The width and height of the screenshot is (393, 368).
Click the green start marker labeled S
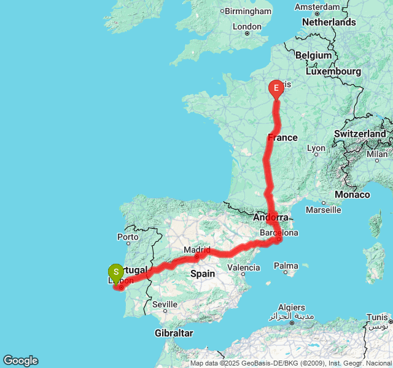point(115,272)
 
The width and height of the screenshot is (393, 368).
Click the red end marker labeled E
point(276,90)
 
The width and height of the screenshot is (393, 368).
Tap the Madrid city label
point(197,250)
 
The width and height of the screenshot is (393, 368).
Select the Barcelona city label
point(279,233)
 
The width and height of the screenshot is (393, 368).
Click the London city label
point(247,26)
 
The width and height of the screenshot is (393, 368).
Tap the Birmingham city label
point(248,11)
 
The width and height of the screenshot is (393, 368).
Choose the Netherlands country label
point(329,22)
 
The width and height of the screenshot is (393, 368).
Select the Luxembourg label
point(333,71)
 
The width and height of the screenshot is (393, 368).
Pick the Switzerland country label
point(360,134)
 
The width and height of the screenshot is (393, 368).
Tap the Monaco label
point(352,194)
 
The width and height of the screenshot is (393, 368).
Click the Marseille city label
point(323,210)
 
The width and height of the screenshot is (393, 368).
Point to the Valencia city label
point(243,267)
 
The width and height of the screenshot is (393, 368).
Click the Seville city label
point(165,304)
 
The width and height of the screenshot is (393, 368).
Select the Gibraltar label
point(174,333)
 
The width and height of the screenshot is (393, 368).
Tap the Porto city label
point(128,237)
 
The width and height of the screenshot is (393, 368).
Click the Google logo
point(20,361)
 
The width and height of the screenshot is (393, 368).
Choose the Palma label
point(286,266)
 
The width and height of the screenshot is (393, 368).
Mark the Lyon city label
point(316,148)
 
